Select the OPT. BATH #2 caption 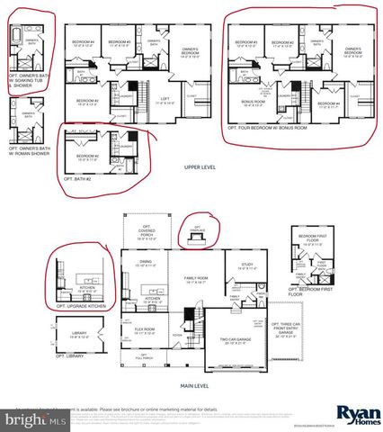click(80, 179)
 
